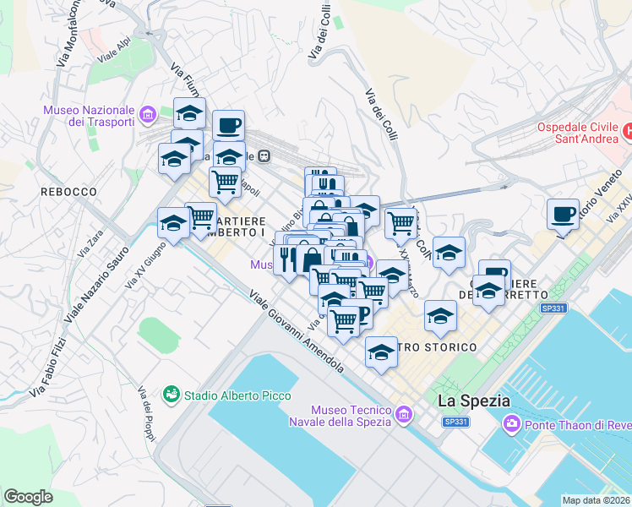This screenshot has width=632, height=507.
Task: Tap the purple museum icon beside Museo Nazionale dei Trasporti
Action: pyautogui.click(x=149, y=114)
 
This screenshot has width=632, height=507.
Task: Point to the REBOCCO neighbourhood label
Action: pyautogui.click(x=68, y=192)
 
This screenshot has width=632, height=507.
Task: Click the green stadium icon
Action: pyautogui.click(x=172, y=394)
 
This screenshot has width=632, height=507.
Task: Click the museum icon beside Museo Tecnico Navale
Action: pyautogui.click(x=404, y=416)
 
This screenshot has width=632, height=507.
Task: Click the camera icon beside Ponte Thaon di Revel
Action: pyautogui.click(x=510, y=423)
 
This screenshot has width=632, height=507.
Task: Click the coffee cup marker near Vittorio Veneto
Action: pyautogui.click(x=563, y=214)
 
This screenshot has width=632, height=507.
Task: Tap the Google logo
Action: pyautogui.click(x=29, y=496)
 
